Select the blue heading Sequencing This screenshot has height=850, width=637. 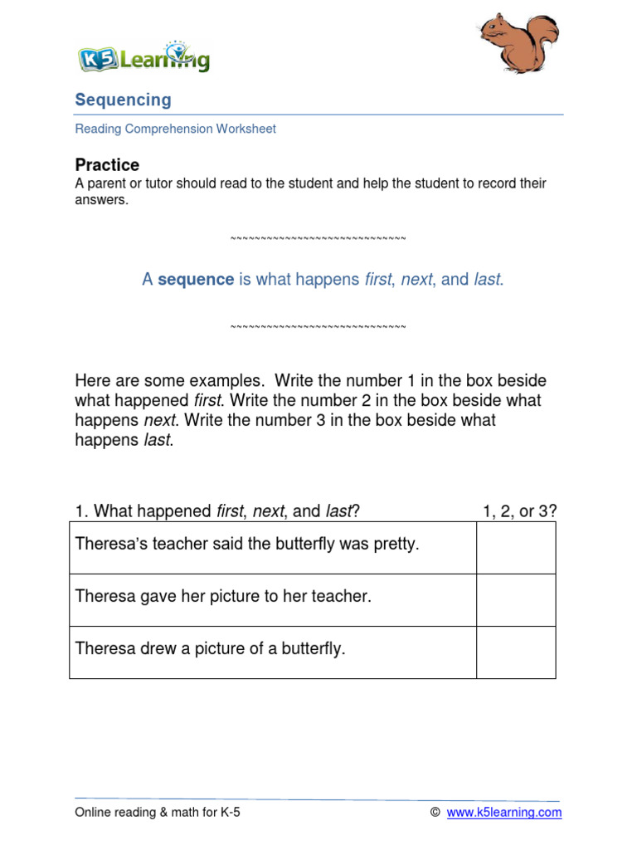click(x=123, y=100)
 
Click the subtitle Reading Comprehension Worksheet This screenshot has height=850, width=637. click(x=175, y=129)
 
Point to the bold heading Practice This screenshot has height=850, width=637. click(x=107, y=164)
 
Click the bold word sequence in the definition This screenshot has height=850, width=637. click(x=196, y=280)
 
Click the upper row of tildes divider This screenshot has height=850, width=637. click(x=318, y=239)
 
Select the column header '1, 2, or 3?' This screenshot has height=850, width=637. click(x=519, y=511)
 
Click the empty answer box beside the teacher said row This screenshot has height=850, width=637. click(x=516, y=548)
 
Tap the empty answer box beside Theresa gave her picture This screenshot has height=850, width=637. click(x=516, y=600)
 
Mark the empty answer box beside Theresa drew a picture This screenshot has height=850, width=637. click(x=516, y=652)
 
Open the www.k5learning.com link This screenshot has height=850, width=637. click(x=503, y=813)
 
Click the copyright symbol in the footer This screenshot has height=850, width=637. click(x=435, y=813)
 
